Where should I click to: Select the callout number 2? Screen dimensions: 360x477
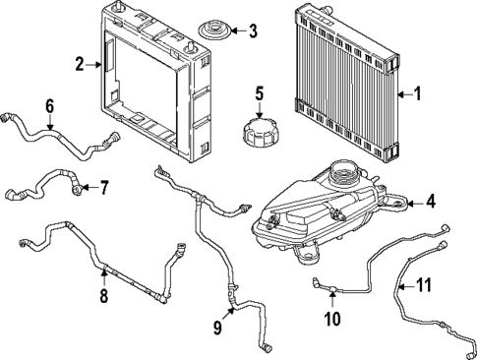[81, 66]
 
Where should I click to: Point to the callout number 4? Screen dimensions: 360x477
[429, 203]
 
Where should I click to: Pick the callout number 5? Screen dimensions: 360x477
[260, 94]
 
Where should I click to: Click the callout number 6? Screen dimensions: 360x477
[50, 105]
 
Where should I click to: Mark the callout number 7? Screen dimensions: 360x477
[104, 187]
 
